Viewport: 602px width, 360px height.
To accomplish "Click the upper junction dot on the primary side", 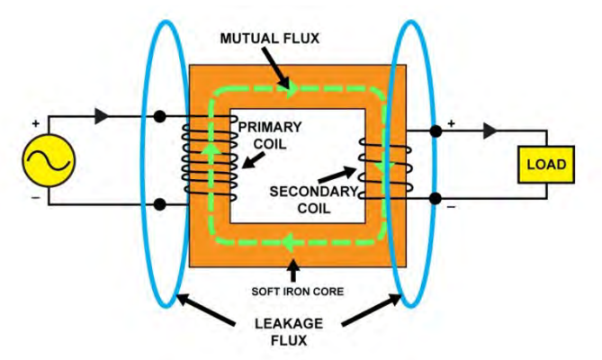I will pyautogui.click(x=159, y=117).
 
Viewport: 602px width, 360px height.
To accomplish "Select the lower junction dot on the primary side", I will pyautogui.click(x=159, y=204).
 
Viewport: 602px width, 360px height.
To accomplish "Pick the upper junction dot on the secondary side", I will pyautogui.click(x=436, y=131).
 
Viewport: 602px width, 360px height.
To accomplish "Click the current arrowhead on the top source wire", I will pyautogui.click(x=101, y=117).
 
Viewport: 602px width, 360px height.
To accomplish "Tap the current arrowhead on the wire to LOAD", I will pyautogui.click(x=490, y=131).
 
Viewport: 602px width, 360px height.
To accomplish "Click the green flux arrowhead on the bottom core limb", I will pyautogui.click(x=286, y=240).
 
